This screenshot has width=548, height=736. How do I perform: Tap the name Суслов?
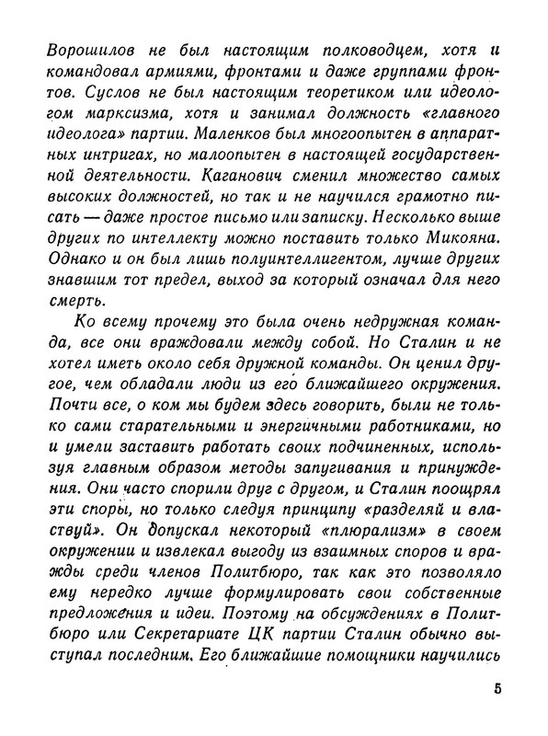99,93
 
